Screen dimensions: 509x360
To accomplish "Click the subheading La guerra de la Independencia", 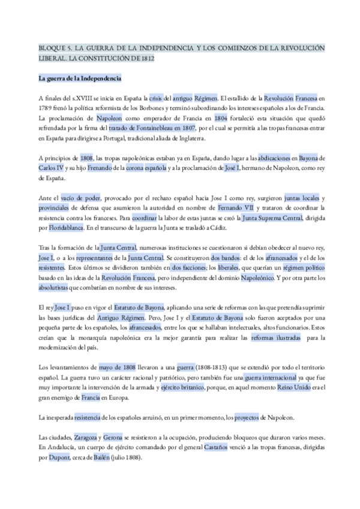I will point(80,78).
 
